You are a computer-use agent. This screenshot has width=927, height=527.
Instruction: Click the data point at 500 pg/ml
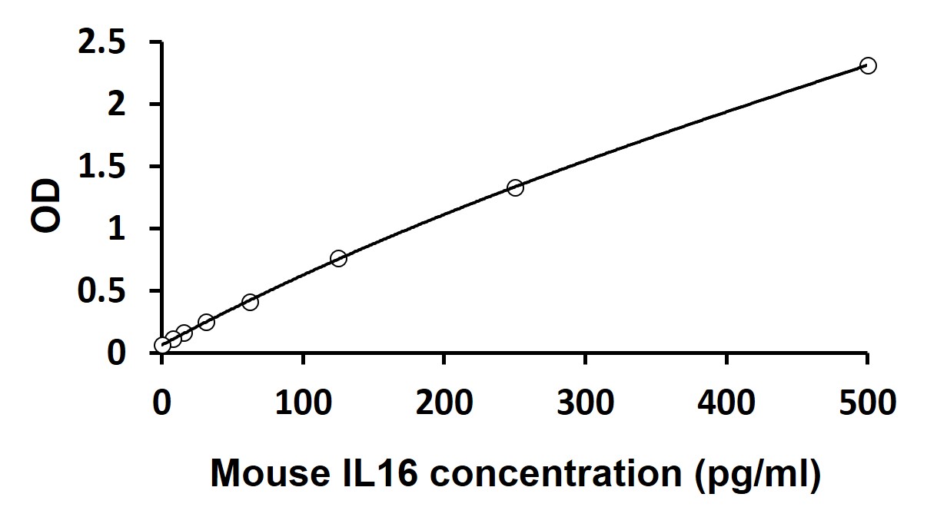click(868, 65)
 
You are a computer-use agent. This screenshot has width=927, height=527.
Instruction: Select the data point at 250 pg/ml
click(515, 187)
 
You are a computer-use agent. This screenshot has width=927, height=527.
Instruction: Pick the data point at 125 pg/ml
click(338, 258)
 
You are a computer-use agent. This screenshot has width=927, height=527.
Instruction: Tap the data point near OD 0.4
click(250, 302)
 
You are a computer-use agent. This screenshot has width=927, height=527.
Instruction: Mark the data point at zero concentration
click(162, 345)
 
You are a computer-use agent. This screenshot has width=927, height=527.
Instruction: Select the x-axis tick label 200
click(444, 402)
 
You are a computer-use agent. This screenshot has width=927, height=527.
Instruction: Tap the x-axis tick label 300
click(585, 402)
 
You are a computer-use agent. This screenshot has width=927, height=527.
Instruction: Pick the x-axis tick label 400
click(726, 402)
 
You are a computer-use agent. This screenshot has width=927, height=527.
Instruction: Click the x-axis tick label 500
click(866, 402)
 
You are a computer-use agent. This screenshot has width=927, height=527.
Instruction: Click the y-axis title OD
click(47, 206)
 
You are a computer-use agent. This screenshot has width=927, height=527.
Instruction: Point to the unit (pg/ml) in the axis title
click(757, 475)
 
